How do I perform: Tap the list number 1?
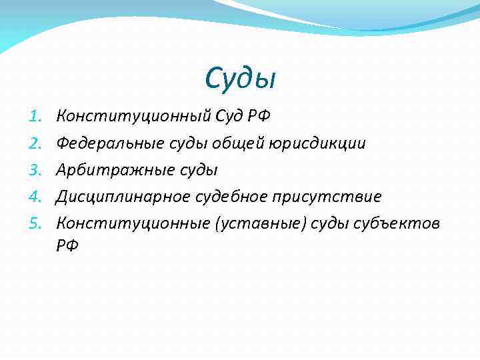coord(37,117)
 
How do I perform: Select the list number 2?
coord(37,143)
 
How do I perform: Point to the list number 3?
coord(37,170)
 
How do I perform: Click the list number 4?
coord(37,197)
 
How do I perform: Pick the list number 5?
coord(37,223)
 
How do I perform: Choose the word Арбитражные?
coord(105,170)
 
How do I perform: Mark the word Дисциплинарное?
coord(123,197)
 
